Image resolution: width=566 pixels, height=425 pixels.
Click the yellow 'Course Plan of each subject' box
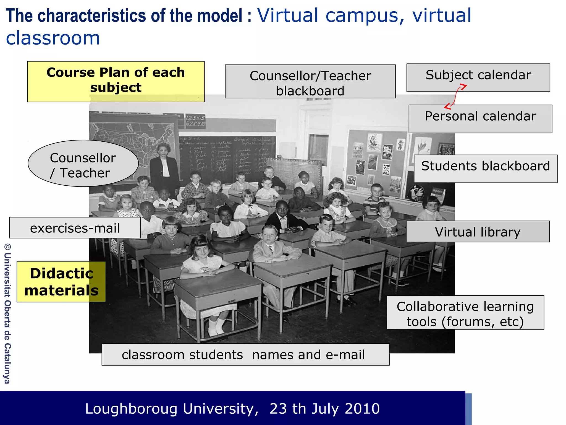point(116,81)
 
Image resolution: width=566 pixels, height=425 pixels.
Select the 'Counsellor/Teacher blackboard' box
point(310,81)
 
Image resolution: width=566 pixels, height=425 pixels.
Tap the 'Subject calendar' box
point(478,77)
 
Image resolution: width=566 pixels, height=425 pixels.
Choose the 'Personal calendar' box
point(480,119)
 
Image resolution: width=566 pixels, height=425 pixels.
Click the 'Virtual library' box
point(478,231)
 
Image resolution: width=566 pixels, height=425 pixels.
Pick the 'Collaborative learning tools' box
point(465,312)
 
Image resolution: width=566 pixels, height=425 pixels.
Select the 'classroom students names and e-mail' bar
point(245,354)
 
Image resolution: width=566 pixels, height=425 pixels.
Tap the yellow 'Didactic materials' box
point(61,281)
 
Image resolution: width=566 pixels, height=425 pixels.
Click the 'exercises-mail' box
point(75,228)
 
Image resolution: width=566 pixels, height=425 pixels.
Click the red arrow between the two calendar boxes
point(455,97)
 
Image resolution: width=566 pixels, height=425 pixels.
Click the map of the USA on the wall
point(133,138)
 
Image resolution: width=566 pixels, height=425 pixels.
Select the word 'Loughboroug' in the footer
point(131,409)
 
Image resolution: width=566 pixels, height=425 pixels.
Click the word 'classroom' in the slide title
point(53,38)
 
